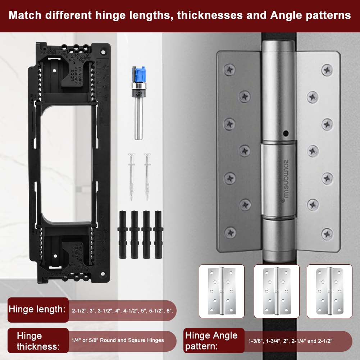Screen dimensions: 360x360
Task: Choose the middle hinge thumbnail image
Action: pyautogui.click(x=277, y=291)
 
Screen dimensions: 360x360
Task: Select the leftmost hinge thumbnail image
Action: pyautogui.click(x=222, y=291)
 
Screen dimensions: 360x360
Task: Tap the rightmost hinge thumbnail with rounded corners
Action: pyautogui.click(x=329, y=291)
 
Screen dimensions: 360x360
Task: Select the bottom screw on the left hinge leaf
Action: pyautogui.click(x=229, y=232)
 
